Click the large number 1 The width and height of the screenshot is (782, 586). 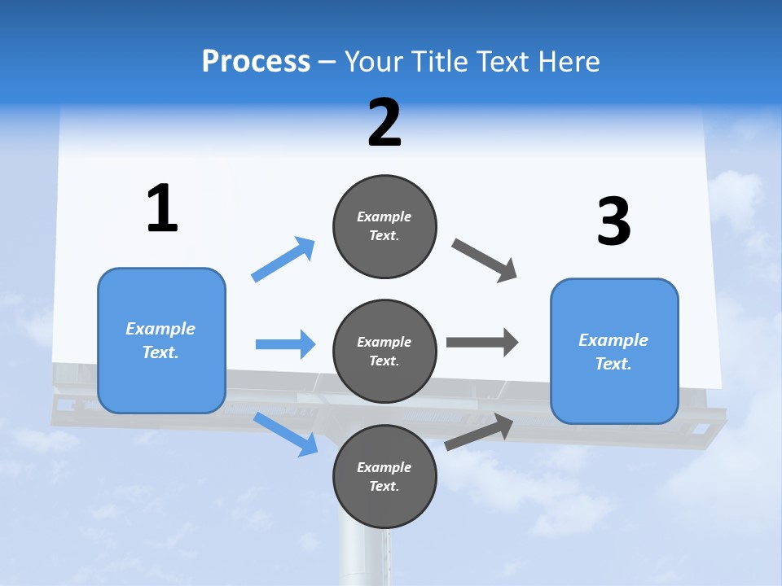[x=162, y=208]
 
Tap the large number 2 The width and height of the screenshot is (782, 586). [x=384, y=123]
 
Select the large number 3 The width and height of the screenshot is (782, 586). [x=614, y=221]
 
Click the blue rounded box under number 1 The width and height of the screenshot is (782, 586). [x=161, y=340]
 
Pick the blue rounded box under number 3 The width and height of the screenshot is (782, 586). [x=614, y=352]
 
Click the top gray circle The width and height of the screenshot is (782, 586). [x=384, y=226]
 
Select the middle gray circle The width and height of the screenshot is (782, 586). [x=384, y=352]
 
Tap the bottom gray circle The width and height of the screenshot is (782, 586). [x=384, y=477]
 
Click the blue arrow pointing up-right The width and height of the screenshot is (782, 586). [x=283, y=260]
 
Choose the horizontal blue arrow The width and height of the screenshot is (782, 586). [x=285, y=344]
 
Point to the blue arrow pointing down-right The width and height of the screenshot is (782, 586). [x=286, y=434]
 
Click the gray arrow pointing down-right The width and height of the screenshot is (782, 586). [x=485, y=260]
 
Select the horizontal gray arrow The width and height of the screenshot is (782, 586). [x=481, y=342]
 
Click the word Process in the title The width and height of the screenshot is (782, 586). [x=256, y=61]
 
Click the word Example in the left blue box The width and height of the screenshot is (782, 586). [x=160, y=329]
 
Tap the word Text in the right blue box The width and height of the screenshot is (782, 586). [x=613, y=364]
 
